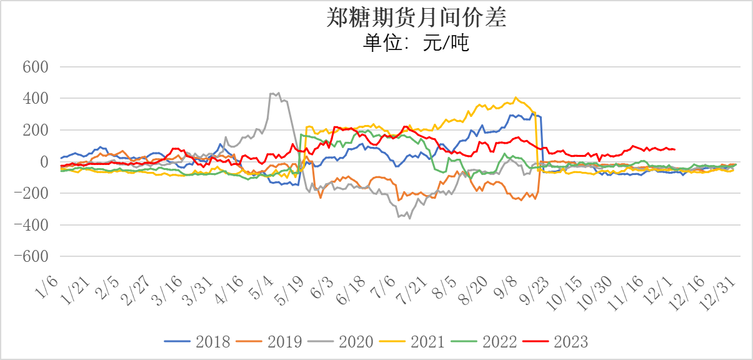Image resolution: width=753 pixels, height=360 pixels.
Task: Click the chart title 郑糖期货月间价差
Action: [x=416, y=17]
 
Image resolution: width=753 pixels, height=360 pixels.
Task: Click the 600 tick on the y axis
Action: [x=36, y=67]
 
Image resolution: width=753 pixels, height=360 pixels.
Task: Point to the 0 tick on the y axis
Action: [x=44, y=162]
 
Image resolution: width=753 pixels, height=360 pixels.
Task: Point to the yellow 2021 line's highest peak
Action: [x=516, y=97]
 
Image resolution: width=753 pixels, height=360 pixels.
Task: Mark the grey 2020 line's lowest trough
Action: [x=410, y=218]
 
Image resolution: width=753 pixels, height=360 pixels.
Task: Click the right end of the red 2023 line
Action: [x=675, y=149]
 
